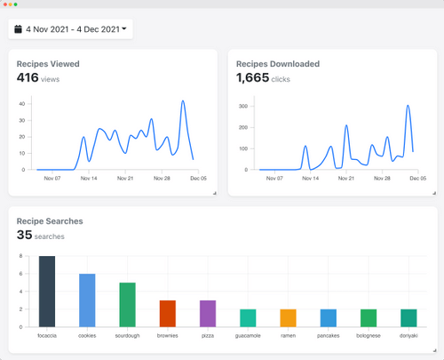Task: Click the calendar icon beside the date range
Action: tap(18, 29)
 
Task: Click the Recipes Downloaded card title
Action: tap(278, 64)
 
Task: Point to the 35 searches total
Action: tap(40, 236)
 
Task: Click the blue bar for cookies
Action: tap(87, 300)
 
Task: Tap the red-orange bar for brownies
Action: tap(168, 313)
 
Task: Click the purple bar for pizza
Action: tap(208, 313)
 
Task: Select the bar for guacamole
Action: tap(248, 317)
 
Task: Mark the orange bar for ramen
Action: tap(288, 317)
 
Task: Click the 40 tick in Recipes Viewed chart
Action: tap(21, 103)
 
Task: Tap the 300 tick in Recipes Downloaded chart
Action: tap(241, 106)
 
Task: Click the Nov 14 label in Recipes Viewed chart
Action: tap(88, 178)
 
